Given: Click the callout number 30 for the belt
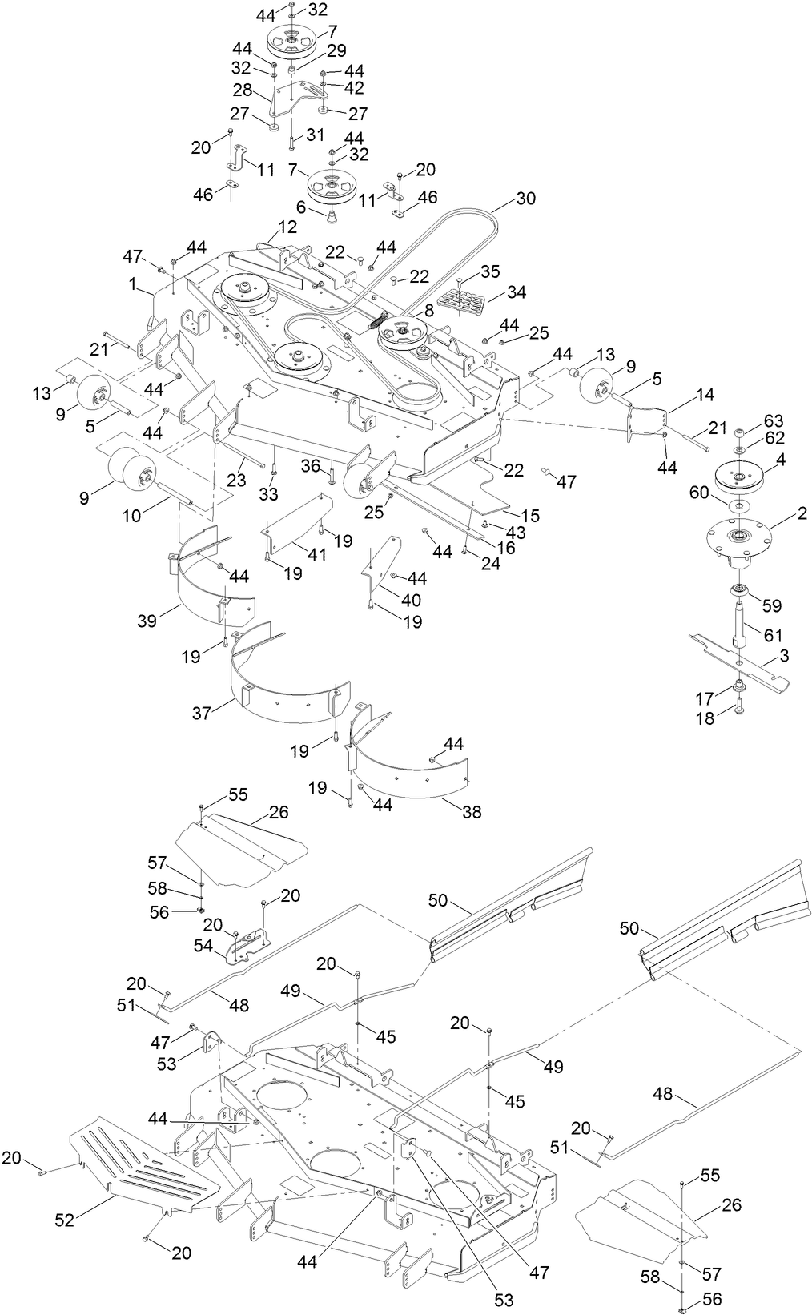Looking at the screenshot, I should [x=526, y=198].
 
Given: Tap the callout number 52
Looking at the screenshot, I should [x=64, y=1220].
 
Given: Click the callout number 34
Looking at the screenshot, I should [x=517, y=292].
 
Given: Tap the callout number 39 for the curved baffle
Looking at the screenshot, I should [x=147, y=621].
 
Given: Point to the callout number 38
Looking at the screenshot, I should [x=472, y=812].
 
